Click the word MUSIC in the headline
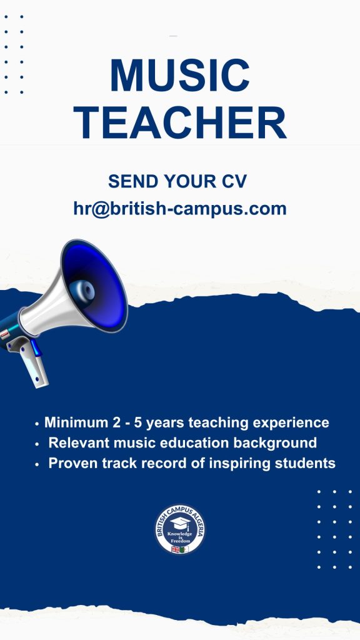tap(180, 76)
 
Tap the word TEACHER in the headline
tap(180, 122)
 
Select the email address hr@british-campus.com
tap(180, 209)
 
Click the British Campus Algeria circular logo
tap(180, 529)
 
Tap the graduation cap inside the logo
tap(181, 523)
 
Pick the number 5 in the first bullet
tap(138, 422)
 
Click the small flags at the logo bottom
tap(180, 549)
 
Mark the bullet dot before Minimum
tap(37, 424)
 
